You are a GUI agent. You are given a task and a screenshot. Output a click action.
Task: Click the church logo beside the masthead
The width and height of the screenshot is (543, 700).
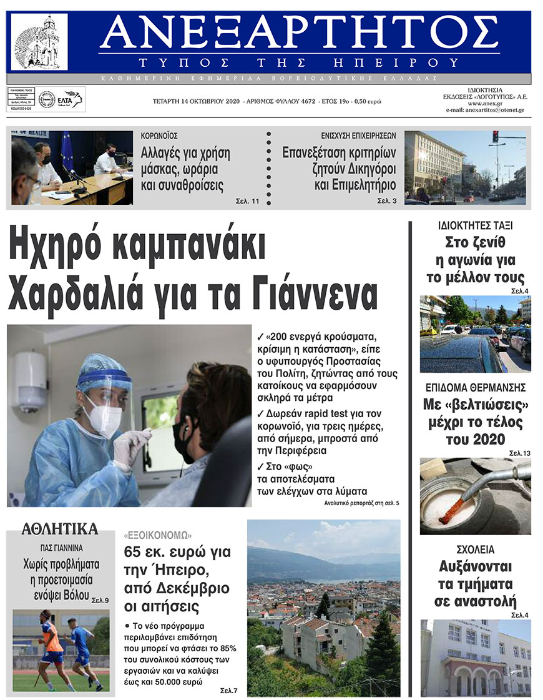(x=39, y=42)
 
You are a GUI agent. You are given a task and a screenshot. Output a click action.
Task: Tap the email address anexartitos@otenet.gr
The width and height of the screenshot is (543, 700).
(x=485, y=110)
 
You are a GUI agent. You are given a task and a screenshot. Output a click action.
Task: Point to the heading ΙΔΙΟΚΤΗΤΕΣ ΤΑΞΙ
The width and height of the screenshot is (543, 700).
(x=476, y=226)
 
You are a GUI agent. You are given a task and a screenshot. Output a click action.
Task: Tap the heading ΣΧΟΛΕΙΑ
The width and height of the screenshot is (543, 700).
(x=475, y=550)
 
